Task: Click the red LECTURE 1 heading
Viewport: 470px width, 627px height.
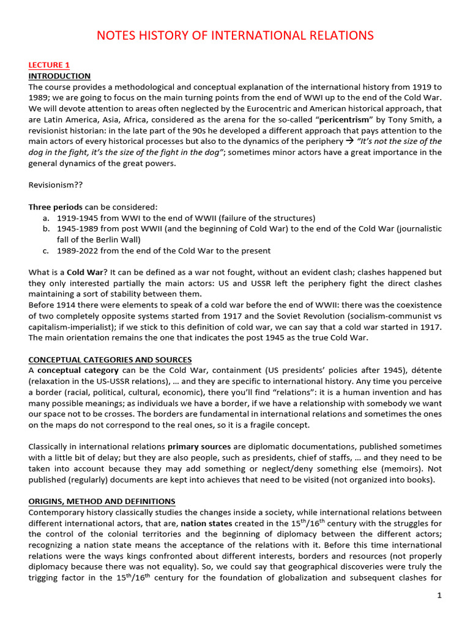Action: coord(50,64)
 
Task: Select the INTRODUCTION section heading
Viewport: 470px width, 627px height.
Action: coord(59,76)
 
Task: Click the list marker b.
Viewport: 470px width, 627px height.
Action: coord(47,228)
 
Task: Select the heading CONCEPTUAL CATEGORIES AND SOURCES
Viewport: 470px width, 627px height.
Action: coord(110,359)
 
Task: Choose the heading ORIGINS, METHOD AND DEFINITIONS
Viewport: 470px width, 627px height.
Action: coord(102,501)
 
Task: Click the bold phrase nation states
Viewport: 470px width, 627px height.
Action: coord(206,524)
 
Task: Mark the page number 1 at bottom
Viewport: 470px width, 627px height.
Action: coord(439,595)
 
